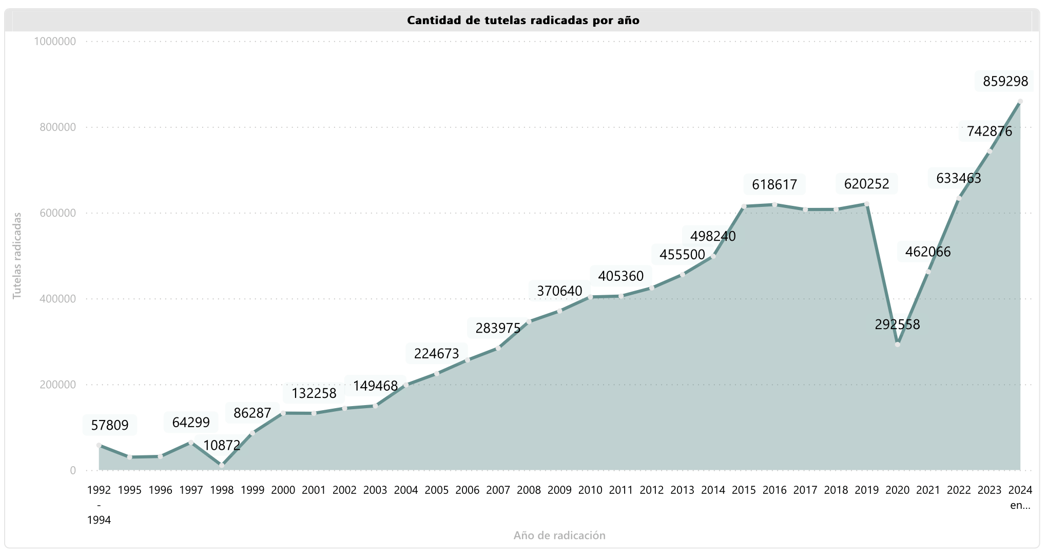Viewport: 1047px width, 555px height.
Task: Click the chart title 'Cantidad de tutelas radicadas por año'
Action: coord(523,21)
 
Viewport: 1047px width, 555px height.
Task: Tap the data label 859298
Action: coord(1005,82)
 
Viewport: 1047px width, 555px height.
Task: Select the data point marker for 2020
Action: coord(897,345)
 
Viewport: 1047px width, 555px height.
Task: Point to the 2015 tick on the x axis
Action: coord(744,490)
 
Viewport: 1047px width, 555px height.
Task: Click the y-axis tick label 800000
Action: coord(57,127)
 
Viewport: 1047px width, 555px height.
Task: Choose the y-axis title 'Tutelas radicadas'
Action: coord(17,256)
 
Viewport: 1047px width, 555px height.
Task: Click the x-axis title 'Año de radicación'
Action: coord(559,535)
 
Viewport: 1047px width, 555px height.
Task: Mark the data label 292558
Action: coord(897,324)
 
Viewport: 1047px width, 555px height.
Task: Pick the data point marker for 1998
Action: coord(222,466)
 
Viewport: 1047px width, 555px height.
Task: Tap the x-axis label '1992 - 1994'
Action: coord(99,505)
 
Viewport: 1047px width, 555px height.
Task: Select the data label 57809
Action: coord(110,425)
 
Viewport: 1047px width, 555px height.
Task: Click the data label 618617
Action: coord(774,184)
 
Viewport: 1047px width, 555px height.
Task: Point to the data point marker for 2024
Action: coord(1020,102)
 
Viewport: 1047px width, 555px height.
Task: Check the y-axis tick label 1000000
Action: coord(55,42)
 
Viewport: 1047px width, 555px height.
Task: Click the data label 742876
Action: coord(990,132)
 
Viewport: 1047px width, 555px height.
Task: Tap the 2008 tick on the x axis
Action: coord(529,490)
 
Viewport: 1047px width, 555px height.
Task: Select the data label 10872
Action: coord(222,446)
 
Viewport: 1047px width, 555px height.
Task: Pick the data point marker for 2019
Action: coord(866,204)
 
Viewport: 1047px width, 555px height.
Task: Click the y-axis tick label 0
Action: coord(73,470)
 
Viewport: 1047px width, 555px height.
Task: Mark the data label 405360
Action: coord(621,276)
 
